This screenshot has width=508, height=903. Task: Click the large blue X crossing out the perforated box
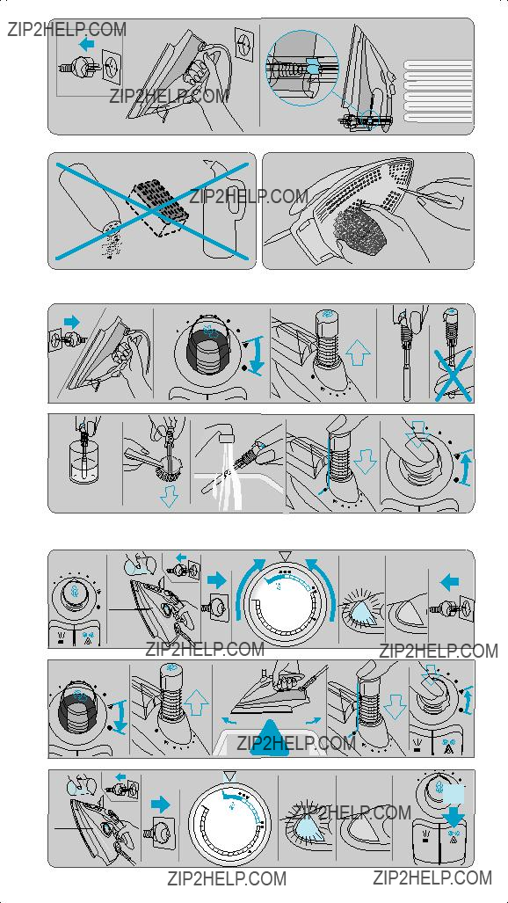152,211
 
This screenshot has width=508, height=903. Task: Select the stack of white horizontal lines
439,91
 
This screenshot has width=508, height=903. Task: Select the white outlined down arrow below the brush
169,499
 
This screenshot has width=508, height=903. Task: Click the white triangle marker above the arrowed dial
283,556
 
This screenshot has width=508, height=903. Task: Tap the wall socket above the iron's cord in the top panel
244,41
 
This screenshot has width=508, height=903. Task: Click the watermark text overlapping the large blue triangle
296,743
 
